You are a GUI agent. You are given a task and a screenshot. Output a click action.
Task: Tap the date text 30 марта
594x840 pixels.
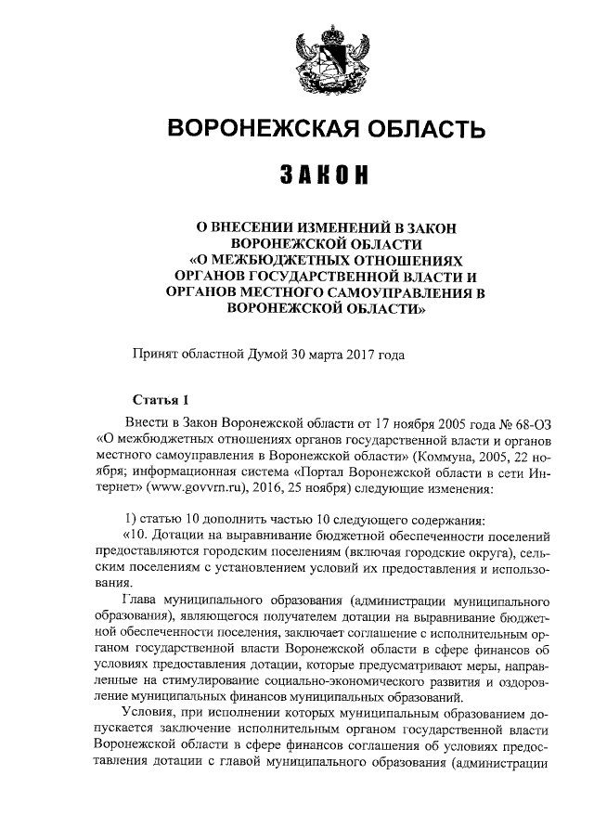316,353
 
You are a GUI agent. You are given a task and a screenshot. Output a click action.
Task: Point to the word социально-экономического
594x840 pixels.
305,683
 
